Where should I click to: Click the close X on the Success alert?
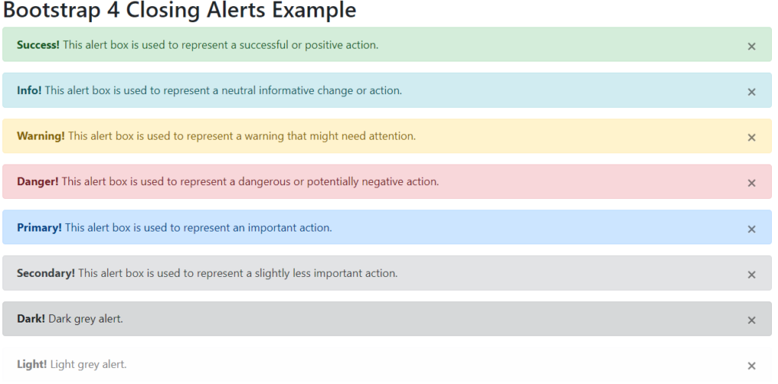(751, 46)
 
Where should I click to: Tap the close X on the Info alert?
(751, 92)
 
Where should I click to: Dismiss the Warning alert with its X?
(751, 137)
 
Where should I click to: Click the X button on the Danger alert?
(751, 183)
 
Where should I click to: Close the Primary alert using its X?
(751, 228)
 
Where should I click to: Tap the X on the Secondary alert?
(751, 274)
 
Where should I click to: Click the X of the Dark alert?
(751, 319)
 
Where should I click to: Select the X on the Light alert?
(751, 366)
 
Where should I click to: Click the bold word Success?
(38, 45)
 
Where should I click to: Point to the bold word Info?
(29, 90)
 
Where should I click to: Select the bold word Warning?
(41, 136)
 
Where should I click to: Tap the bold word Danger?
(37, 181)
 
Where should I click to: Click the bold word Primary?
(39, 227)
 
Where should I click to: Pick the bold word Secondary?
(46, 272)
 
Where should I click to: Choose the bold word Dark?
(31, 318)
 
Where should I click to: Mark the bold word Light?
(32, 364)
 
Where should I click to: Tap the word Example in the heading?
(312, 11)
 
